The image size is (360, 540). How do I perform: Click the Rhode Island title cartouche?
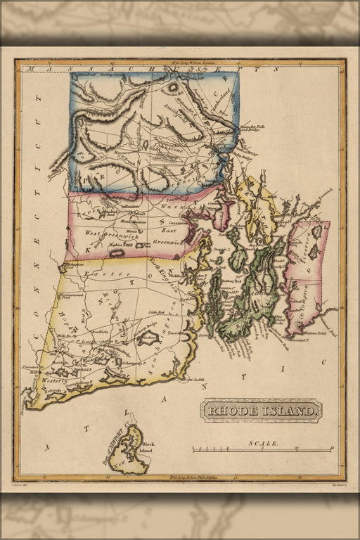pos(262,410)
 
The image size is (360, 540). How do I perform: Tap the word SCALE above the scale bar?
pos(263,444)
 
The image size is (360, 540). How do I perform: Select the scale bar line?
pos(262,450)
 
